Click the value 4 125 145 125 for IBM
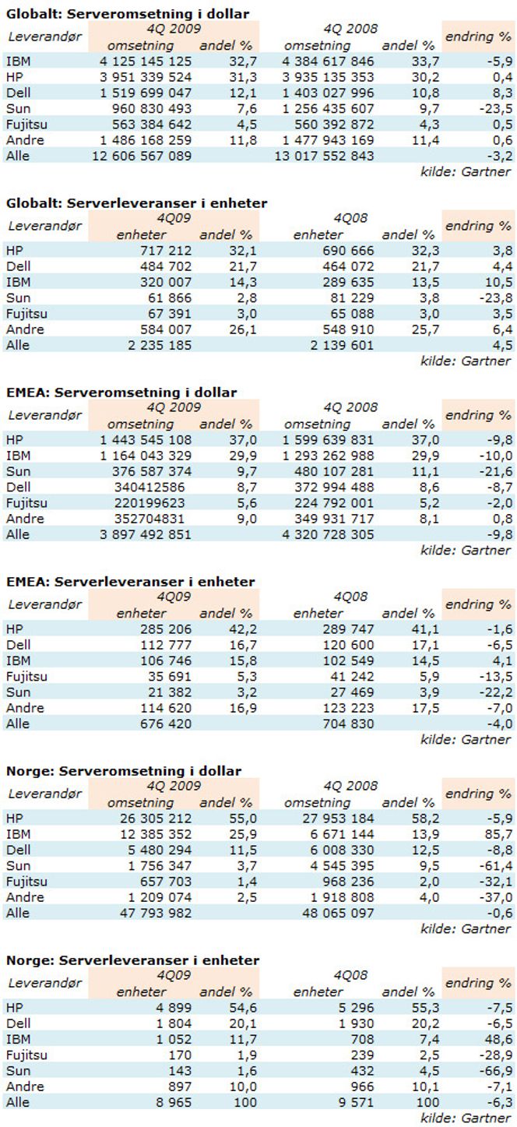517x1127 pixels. [146, 62]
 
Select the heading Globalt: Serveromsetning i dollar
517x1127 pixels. [128, 13]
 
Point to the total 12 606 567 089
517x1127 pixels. [142, 156]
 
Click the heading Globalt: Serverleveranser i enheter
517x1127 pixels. [137, 203]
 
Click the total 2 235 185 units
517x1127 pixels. [159, 345]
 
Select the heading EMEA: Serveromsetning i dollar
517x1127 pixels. [121, 393]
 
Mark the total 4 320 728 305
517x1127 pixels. [328, 534]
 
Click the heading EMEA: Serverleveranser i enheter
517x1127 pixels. [131, 582]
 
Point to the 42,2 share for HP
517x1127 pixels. [244, 629]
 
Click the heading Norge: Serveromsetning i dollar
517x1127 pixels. [124, 771]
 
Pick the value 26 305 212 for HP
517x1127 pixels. [156, 818]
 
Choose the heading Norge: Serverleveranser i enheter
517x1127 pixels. [133, 960]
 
